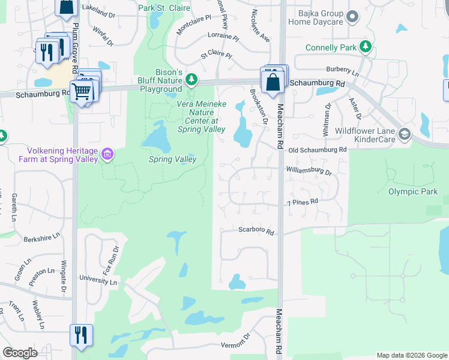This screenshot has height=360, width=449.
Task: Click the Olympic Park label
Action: [413, 192]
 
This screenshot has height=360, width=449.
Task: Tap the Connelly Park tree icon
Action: [364, 47]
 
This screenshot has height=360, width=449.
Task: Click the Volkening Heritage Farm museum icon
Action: [107, 154]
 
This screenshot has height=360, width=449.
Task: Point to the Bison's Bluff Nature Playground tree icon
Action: [191, 79]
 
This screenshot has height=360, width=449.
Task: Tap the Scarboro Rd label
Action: [256, 231]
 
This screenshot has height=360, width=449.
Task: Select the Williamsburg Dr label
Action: [309, 171]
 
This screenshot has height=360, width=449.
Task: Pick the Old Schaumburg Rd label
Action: [317, 149]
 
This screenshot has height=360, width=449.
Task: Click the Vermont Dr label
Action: [234, 344]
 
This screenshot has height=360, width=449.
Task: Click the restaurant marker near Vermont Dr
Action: [80, 335]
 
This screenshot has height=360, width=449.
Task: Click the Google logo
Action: [20, 353]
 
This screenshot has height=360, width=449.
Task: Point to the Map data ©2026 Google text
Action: [411, 355]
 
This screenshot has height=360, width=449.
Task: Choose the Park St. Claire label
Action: [164, 8]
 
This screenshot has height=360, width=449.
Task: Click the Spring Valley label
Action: [169, 160]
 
